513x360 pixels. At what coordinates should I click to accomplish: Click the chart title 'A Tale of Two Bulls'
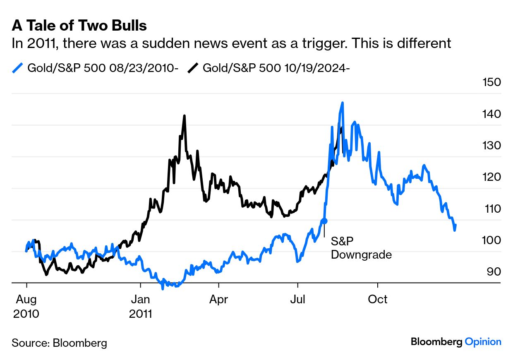tap(79, 26)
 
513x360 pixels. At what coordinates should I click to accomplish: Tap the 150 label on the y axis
tap(491, 82)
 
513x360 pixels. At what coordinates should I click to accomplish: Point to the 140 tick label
tap(491, 114)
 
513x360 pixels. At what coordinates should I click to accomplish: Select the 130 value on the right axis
tap(491, 145)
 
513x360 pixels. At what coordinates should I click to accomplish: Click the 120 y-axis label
tap(491, 177)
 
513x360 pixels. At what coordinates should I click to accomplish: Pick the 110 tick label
tap(491, 208)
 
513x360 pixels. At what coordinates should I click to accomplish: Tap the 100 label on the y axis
tap(491, 240)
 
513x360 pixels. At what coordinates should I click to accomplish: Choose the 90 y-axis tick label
tap(493, 271)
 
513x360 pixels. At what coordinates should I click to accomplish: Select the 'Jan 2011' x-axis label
tap(141, 306)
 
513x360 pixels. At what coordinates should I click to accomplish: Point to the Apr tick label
tap(218, 299)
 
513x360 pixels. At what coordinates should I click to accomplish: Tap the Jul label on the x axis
tap(297, 299)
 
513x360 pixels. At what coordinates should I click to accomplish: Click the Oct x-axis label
tap(378, 299)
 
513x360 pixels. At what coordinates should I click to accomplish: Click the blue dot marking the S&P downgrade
tap(324, 221)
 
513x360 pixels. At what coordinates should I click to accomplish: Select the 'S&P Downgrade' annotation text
tap(361, 248)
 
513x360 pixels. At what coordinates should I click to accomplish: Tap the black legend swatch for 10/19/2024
tap(193, 68)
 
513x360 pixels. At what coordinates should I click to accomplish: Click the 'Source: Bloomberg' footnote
tap(59, 343)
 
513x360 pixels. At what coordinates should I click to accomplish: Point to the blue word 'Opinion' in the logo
tap(483, 342)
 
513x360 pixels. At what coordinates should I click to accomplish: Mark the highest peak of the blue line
tap(342, 103)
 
